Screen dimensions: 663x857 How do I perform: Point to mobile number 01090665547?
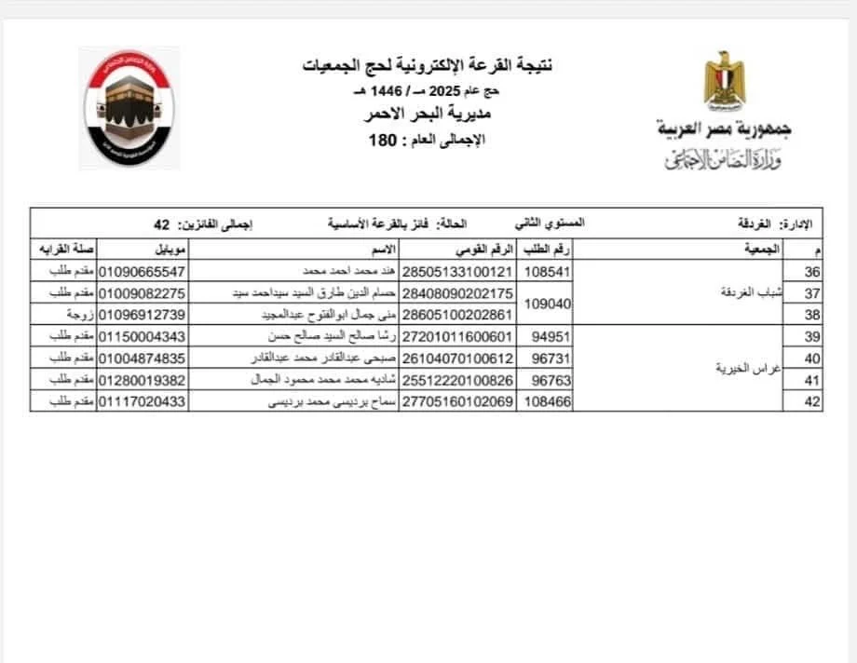click(142, 271)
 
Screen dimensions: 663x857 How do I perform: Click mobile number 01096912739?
click(142, 314)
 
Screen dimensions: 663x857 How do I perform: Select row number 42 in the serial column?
click(810, 401)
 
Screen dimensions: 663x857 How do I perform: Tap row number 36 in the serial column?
click(810, 271)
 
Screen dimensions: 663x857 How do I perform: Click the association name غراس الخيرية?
click(751, 368)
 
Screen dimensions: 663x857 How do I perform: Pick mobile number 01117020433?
click(142, 401)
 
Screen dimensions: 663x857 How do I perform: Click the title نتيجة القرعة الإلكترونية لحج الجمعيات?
click(428, 65)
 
